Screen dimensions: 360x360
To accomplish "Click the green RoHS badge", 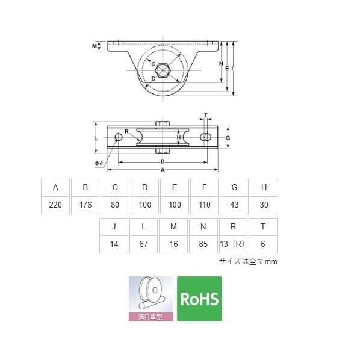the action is tap(199, 299).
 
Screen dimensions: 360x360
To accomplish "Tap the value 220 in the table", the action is tap(55, 205).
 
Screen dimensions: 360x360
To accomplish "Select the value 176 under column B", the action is tap(85, 205).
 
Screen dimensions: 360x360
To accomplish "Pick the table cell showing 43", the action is tap(234, 205).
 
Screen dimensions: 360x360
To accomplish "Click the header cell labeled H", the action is tap(264, 187).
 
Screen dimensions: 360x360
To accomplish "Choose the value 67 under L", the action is tap(143, 244).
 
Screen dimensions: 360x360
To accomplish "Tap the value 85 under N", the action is tap(203, 244).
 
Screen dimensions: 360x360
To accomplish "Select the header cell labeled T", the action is tap(263, 226).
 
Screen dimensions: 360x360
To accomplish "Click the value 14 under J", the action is tap(114, 244).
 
